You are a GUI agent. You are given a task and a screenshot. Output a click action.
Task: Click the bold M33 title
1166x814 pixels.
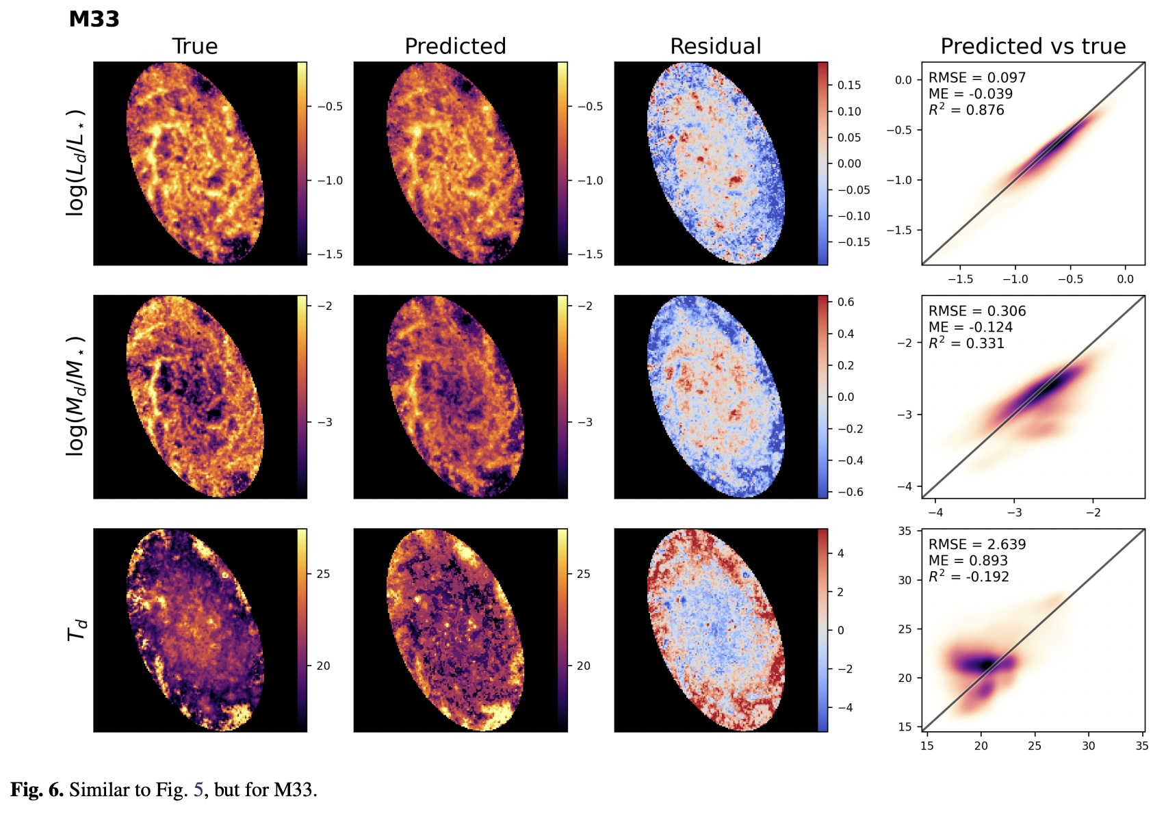point(94,19)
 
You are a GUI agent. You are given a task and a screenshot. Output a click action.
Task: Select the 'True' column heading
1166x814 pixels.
point(194,47)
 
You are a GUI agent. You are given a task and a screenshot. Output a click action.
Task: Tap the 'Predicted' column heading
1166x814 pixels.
point(455,47)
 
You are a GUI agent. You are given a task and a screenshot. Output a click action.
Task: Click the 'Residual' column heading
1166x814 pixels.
point(715,47)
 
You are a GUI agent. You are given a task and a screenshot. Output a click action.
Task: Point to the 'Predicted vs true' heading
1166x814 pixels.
point(1033,47)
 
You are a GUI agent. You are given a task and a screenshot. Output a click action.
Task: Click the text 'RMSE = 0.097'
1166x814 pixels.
point(976,78)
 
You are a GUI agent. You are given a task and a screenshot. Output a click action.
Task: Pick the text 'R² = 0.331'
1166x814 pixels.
point(966,343)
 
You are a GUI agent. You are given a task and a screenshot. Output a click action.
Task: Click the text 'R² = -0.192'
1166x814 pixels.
point(968,576)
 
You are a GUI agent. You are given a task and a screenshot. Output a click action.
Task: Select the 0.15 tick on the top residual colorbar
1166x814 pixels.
point(849,86)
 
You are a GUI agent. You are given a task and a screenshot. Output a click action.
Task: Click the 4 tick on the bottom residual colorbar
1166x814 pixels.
point(840,553)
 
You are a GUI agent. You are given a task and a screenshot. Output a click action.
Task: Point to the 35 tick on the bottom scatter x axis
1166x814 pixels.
point(1141,746)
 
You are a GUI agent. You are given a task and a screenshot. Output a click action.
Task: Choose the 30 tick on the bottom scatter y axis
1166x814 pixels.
point(905,580)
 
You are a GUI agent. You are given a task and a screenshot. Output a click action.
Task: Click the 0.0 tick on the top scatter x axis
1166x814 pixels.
point(1125,279)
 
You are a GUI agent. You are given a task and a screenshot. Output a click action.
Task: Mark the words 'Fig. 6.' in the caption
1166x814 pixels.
point(37,790)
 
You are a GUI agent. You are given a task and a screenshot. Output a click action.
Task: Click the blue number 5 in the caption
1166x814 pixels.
point(198,790)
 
